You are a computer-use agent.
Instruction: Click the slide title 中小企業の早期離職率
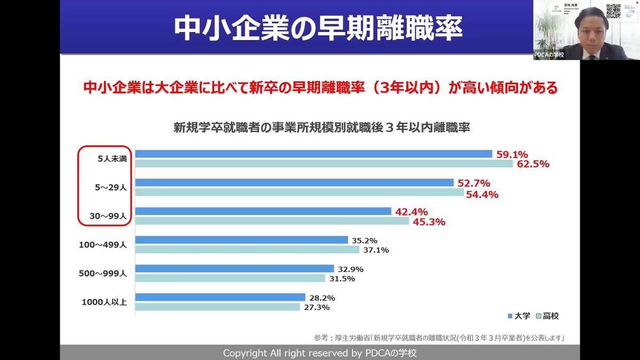click(318, 28)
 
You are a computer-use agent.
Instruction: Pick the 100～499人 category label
click(102, 245)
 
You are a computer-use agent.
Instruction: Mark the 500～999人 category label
click(102, 274)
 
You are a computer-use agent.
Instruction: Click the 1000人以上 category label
click(104, 302)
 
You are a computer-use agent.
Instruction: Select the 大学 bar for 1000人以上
click(220, 297)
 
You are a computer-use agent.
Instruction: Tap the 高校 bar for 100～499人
click(247, 250)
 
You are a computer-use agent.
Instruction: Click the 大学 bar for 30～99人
click(263, 211)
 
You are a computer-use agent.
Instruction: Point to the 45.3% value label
click(428, 222)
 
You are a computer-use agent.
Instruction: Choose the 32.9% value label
click(350, 269)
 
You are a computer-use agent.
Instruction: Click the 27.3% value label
click(317, 307)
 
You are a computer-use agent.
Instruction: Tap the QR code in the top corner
click(613, 11)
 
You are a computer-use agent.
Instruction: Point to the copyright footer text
click(319, 353)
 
